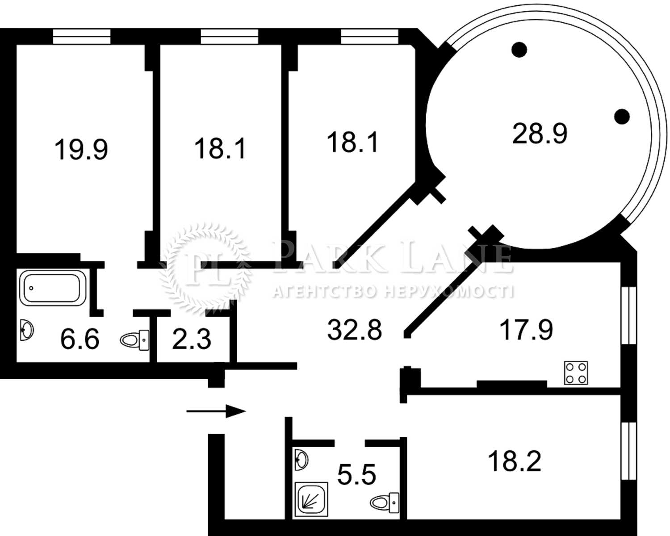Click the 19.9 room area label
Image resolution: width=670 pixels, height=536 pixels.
pyautogui.click(x=81, y=150)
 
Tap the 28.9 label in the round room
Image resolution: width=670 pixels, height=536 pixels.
pyautogui.click(x=540, y=133)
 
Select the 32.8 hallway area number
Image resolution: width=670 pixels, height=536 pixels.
pyautogui.click(x=355, y=330)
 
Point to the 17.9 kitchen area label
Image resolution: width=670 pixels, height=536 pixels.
pyautogui.click(x=527, y=330)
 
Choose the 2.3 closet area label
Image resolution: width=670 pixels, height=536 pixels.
pyautogui.click(x=192, y=339)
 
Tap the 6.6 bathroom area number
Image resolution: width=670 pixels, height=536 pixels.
pyautogui.click(x=80, y=339)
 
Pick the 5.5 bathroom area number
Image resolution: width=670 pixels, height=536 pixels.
pyautogui.click(x=357, y=474)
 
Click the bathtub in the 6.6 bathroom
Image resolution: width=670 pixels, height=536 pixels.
pyautogui.click(x=53, y=288)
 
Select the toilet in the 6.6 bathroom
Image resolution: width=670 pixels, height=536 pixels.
pyautogui.click(x=134, y=340)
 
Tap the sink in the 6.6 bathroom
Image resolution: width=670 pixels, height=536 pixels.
pyautogui.click(x=27, y=330)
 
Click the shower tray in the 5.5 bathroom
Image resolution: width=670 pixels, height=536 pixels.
pyautogui.click(x=311, y=499)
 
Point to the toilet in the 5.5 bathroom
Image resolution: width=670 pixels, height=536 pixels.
pyautogui.click(x=385, y=502)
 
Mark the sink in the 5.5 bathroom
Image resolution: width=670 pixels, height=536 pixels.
pyautogui.click(x=301, y=459)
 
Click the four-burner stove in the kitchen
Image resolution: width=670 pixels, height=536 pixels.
pyautogui.click(x=576, y=373)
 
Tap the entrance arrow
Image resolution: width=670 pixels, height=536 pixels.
pyautogui.click(x=216, y=411)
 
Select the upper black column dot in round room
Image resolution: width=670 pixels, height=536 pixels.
pyautogui.click(x=519, y=50)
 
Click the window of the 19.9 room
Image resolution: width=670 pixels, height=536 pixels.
pyautogui.click(x=82, y=37)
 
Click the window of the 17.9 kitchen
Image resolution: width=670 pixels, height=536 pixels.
pyautogui.click(x=628, y=315)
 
